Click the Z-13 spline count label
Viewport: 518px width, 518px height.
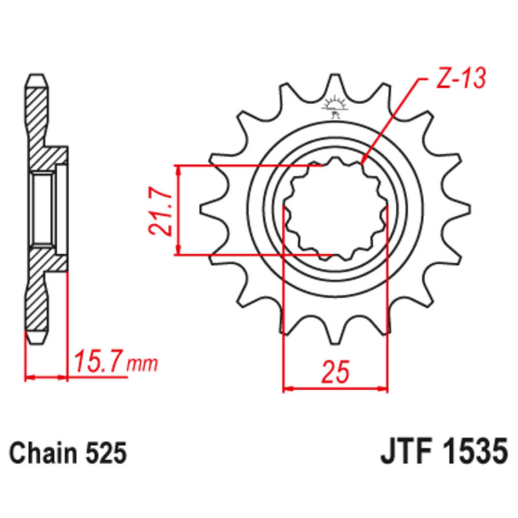tap(461, 78)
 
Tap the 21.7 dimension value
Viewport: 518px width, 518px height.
tap(161, 212)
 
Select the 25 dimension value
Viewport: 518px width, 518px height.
tap(335, 372)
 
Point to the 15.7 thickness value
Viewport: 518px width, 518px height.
tap(98, 362)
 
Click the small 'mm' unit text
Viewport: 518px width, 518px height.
tap(142, 365)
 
